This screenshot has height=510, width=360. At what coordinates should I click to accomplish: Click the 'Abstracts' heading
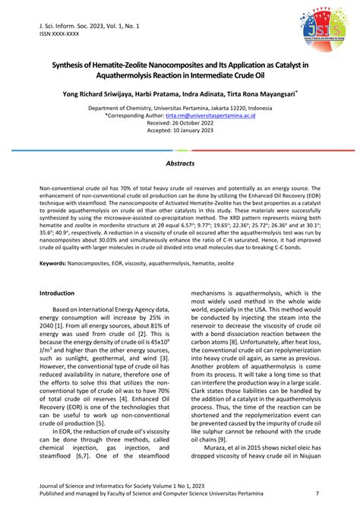click(x=180, y=163)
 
